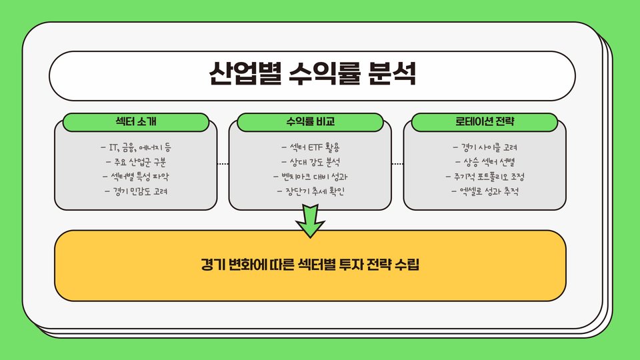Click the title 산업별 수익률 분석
[312, 74]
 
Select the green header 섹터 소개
[135, 122]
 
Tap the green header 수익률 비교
[310, 122]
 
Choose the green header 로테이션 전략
[484, 122]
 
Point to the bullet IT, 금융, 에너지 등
[135, 147]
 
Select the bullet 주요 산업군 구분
[135, 162]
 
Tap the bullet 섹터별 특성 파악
[135, 177]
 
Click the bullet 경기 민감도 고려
[135, 192]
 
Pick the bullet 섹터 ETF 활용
[310, 147]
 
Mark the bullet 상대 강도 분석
[310, 162]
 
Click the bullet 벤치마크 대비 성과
[310, 177]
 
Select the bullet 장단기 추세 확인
[310, 192]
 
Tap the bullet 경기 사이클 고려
[485, 147]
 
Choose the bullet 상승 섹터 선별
[485, 162]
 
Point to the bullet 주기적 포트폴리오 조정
[485, 177]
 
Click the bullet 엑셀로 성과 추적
[485, 192]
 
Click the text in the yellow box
[310, 265]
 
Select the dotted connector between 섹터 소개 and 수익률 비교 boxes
[223, 163]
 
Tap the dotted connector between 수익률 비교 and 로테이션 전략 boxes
[397, 163]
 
